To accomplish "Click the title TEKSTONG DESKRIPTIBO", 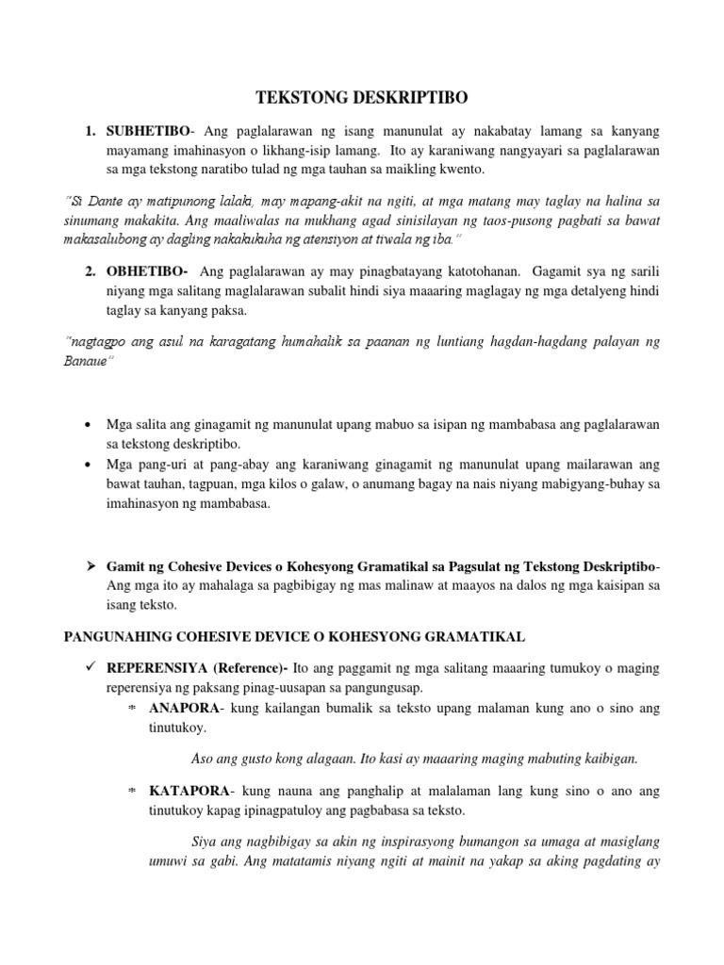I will tap(362, 96).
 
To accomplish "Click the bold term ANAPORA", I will tap(183, 708).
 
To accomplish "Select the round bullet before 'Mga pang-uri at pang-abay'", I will tap(88, 465).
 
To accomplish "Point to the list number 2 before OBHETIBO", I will tap(90, 271).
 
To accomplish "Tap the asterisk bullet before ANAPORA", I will tap(133, 708).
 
